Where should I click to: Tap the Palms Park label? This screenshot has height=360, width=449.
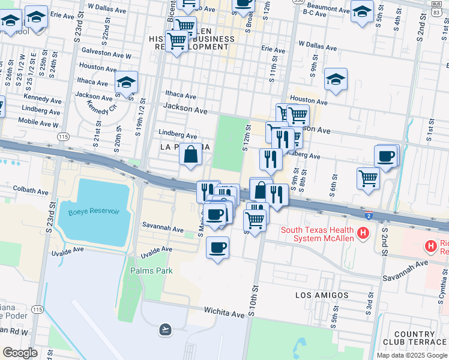[151, 271]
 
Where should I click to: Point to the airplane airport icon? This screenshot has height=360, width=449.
[165, 329]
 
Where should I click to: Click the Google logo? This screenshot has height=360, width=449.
[20, 353]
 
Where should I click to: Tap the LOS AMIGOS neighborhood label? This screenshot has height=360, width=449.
[322, 295]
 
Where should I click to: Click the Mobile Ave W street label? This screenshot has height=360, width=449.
[38, 122]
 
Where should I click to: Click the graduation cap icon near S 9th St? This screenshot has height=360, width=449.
[336, 79]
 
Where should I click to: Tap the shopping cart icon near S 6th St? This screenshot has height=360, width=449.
[368, 177]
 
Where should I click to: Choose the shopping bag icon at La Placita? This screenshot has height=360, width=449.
[190, 154]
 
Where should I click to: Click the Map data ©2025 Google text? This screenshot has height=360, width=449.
[411, 355]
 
